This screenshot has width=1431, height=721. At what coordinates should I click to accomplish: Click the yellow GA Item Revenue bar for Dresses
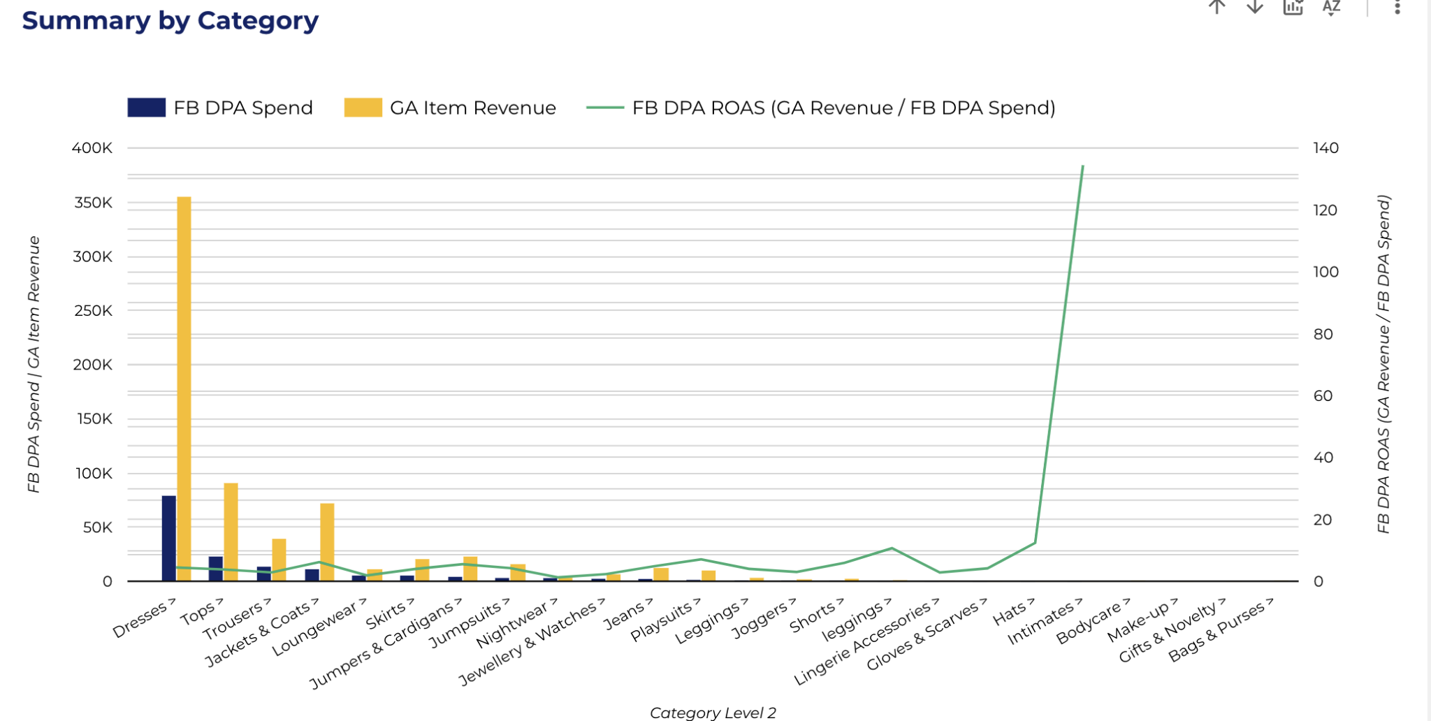(x=184, y=388)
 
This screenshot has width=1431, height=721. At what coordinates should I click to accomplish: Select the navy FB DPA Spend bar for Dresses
(x=168, y=538)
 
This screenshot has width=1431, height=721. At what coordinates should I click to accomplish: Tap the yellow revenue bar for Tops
(x=231, y=532)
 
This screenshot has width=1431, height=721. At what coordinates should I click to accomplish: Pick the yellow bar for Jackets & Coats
(x=327, y=541)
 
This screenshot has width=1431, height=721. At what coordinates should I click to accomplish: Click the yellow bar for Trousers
(x=279, y=560)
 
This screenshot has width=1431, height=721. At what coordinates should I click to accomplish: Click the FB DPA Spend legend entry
(x=220, y=108)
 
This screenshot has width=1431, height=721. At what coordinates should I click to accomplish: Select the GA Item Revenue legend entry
(x=451, y=108)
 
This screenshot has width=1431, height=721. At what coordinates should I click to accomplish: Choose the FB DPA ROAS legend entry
(x=821, y=108)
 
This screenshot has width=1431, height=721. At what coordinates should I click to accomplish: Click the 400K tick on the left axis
(x=92, y=148)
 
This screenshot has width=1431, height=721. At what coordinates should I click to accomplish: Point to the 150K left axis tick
(x=94, y=419)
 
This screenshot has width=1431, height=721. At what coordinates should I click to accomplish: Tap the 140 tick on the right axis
(x=1325, y=148)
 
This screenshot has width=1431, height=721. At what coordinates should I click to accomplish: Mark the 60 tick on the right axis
(x=1323, y=395)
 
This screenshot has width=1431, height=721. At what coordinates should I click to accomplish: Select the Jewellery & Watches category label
(x=531, y=643)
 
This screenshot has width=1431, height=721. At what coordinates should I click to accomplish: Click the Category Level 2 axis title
(x=713, y=713)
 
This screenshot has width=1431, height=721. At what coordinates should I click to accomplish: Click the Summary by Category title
(x=170, y=20)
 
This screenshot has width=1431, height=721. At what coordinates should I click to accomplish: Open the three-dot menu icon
(x=1397, y=7)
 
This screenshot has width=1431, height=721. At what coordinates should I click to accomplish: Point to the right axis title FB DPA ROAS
(x=1383, y=363)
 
